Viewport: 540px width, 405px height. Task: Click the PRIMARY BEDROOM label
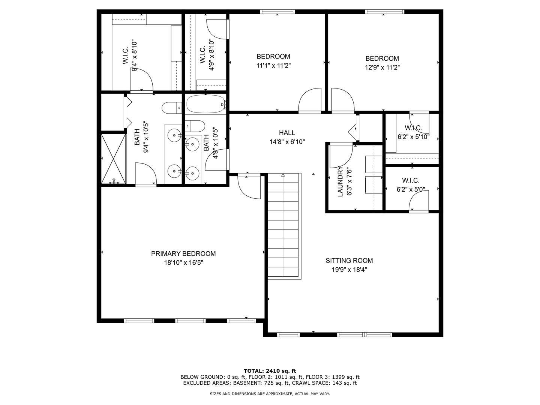[x=183, y=254]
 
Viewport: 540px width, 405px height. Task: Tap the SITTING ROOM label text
[x=349, y=261]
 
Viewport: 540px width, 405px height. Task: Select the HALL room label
[x=287, y=133]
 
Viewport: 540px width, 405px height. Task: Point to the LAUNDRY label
[x=340, y=181]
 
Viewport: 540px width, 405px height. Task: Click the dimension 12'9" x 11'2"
[x=382, y=67]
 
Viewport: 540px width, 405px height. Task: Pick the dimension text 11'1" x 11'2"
[x=273, y=66]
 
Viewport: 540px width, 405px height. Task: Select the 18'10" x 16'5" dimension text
[x=183, y=263]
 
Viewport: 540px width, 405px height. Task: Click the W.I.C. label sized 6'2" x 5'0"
[x=411, y=181]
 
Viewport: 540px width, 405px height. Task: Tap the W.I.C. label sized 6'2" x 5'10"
[x=413, y=128]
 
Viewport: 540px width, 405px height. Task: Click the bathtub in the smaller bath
[x=205, y=104]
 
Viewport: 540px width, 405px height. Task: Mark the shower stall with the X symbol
[x=114, y=158]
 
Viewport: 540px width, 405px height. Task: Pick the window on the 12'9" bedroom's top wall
[x=385, y=12]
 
